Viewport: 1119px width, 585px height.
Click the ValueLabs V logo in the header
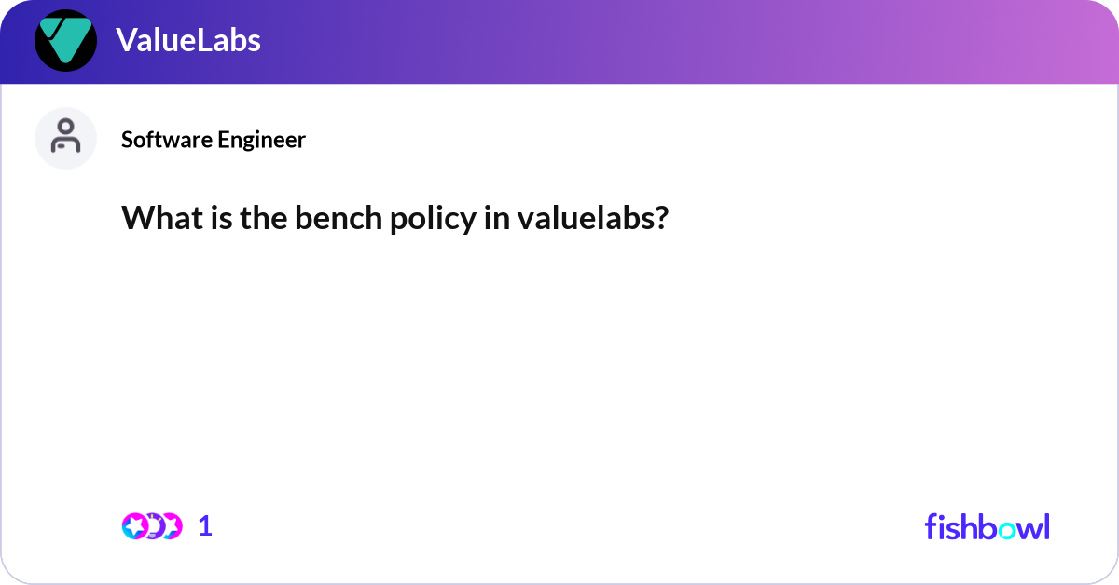point(65,41)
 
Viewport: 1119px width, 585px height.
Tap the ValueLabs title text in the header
point(188,40)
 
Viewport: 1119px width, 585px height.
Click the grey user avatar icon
point(65,138)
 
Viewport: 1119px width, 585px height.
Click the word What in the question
point(154,218)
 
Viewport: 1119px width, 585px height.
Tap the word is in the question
point(206,218)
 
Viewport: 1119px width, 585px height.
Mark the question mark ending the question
point(661,218)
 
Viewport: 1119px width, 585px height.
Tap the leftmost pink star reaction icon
point(134,526)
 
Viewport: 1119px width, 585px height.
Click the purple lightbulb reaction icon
point(154,526)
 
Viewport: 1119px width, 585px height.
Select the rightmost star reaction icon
point(171,526)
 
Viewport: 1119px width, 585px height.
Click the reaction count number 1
point(205,526)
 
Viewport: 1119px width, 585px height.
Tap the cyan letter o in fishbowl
point(1007,528)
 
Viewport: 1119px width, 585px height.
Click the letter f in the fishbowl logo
point(932,526)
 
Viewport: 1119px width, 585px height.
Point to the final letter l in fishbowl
point(1046,526)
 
